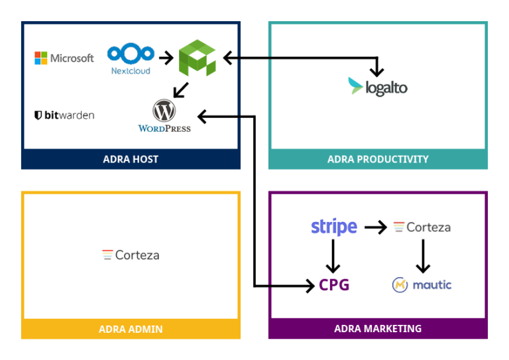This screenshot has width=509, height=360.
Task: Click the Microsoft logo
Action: [x=64, y=58]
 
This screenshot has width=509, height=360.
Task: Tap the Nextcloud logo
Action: [x=131, y=59]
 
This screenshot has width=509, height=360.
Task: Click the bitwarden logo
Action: [x=64, y=115]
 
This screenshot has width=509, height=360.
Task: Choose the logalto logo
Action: [x=378, y=87]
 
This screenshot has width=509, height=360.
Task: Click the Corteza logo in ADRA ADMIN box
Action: [x=131, y=255]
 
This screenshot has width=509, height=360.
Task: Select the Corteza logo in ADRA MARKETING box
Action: [x=422, y=227]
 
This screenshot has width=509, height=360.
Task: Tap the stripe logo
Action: [x=334, y=227]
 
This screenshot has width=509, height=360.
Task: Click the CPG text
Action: [x=334, y=285]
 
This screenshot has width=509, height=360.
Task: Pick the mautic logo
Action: [x=422, y=285]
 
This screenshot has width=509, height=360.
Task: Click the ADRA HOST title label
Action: [x=131, y=159]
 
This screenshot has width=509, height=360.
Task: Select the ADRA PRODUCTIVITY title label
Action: [x=378, y=159]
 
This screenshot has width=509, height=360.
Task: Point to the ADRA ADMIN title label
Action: [x=131, y=329]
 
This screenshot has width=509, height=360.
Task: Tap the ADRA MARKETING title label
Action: [x=378, y=329]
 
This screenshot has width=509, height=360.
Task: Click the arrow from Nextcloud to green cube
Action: [x=166, y=58]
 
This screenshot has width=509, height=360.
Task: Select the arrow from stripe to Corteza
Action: [x=375, y=227]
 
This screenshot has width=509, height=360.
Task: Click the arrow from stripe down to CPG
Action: [x=334, y=255]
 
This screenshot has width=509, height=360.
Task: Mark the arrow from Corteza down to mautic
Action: [x=422, y=256]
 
